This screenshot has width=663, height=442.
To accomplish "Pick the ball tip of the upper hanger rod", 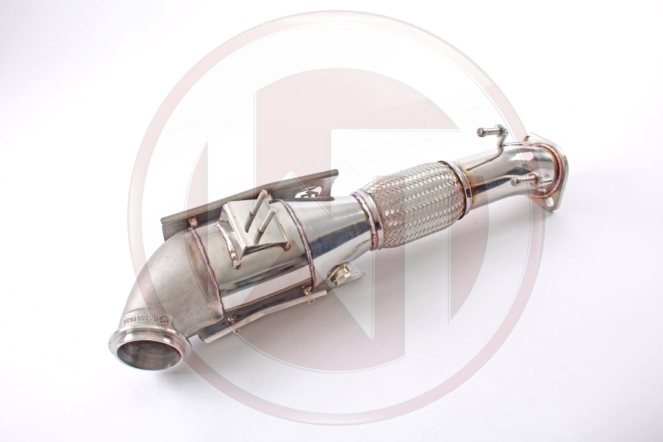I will tap(480, 132).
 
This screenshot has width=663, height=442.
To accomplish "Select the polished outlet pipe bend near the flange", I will tap(511, 162).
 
